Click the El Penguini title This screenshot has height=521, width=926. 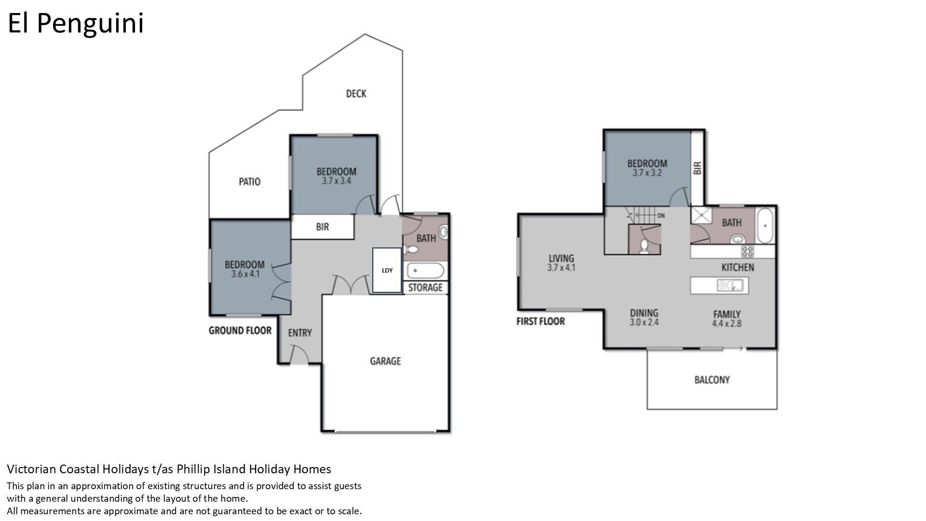[x=76, y=23]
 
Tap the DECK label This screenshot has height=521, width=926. [x=356, y=94]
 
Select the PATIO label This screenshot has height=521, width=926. [x=249, y=182]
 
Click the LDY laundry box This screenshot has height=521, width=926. [x=387, y=270]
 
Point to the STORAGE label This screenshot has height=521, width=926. [x=425, y=288]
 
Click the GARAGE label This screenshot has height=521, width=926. [x=385, y=361]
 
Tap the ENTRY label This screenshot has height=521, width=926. [x=300, y=333]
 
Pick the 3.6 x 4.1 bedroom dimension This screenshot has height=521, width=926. [x=245, y=274]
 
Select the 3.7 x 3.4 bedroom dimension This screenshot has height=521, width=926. [x=336, y=181]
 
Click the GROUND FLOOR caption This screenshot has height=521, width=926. [x=240, y=330]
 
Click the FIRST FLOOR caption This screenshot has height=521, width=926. [x=541, y=321]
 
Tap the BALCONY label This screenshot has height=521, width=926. [x=712, y=380]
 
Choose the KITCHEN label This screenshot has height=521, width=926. [x=737, y=267]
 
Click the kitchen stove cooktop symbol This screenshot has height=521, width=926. [x=748, y=251]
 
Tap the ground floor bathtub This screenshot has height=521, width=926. [x=425, y=271]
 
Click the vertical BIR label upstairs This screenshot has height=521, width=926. [x=697, y=168]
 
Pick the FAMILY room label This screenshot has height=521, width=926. [x=727, y=315]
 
